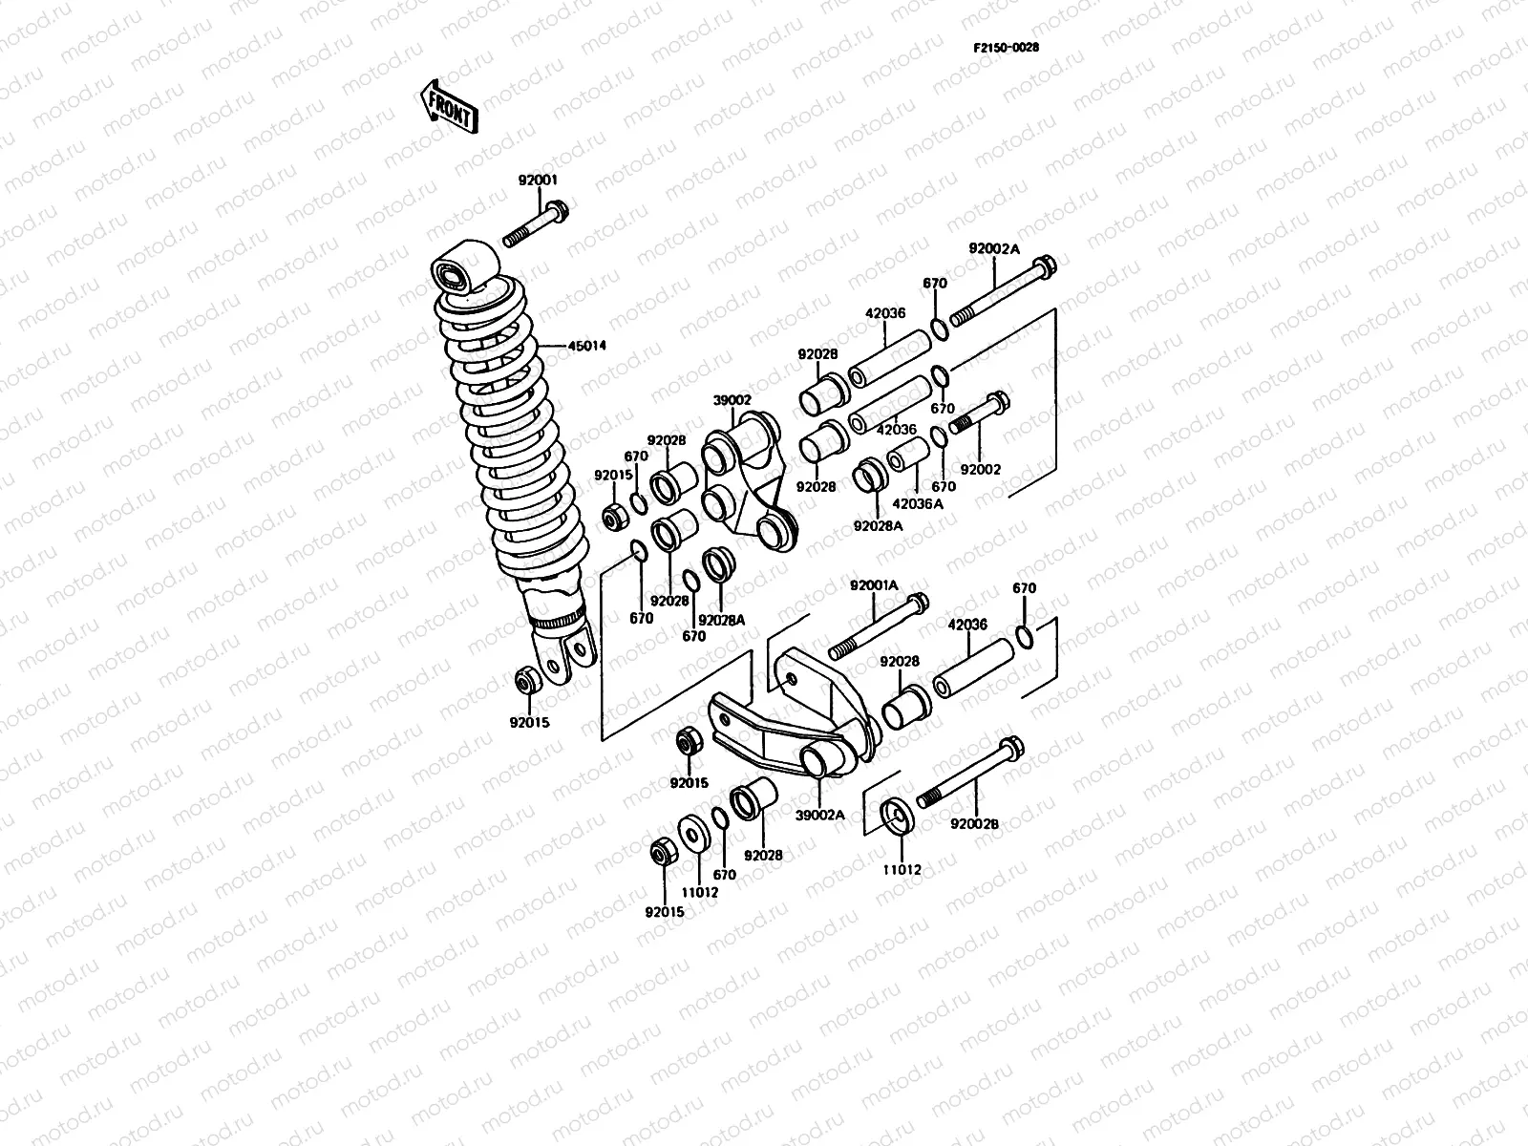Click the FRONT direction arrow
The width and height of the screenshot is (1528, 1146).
click(448, 105)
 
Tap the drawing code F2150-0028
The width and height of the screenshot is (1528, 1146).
click(1006, 48)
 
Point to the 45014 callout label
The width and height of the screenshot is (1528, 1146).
click(588, 346)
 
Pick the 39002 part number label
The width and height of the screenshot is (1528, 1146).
click(732, 402)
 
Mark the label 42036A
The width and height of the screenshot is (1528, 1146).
click(917, 503)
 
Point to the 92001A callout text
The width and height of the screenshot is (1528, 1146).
click(873, 584)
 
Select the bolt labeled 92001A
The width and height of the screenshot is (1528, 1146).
click(879, 626)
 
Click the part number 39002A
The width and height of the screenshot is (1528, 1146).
click(821, 815)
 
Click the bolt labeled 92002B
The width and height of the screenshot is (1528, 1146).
click(969, 774)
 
